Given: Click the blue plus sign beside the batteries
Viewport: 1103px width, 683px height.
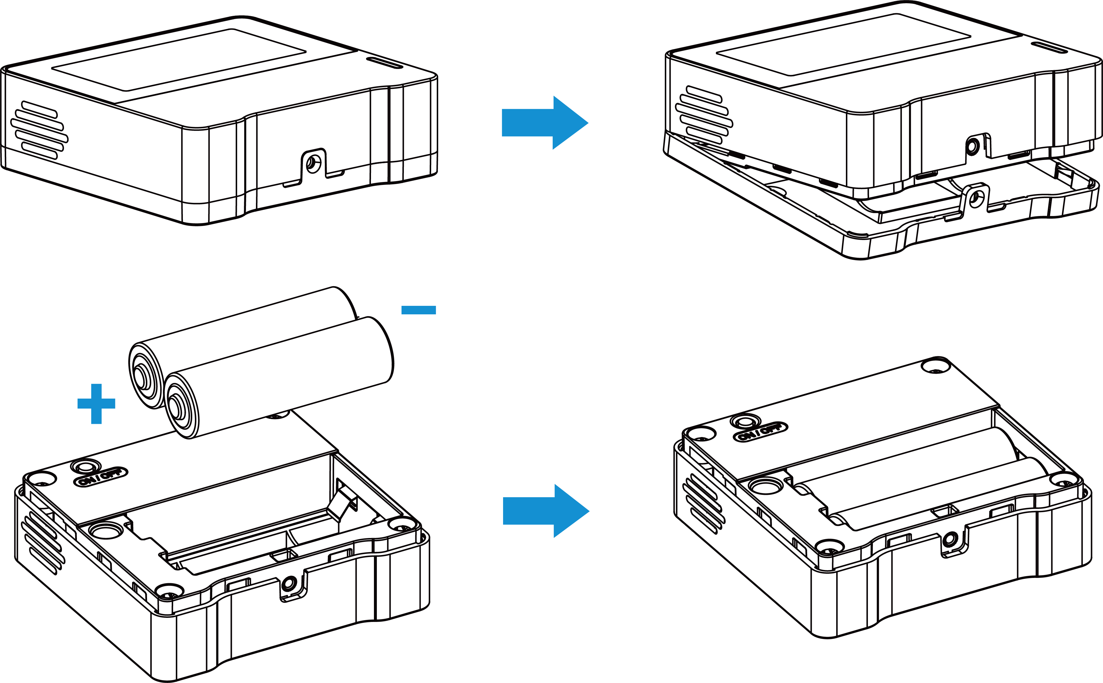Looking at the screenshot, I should click(96, 403).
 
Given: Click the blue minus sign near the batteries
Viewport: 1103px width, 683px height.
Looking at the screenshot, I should click(418, 310).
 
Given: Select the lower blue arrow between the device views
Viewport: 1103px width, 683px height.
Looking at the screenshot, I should click(546, 511).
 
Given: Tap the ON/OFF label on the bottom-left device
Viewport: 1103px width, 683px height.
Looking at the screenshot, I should click(101, 477).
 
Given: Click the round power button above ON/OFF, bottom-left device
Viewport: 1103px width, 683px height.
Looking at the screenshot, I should click(85, 467).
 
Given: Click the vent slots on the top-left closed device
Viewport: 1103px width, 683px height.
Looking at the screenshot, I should click(39, 130).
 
